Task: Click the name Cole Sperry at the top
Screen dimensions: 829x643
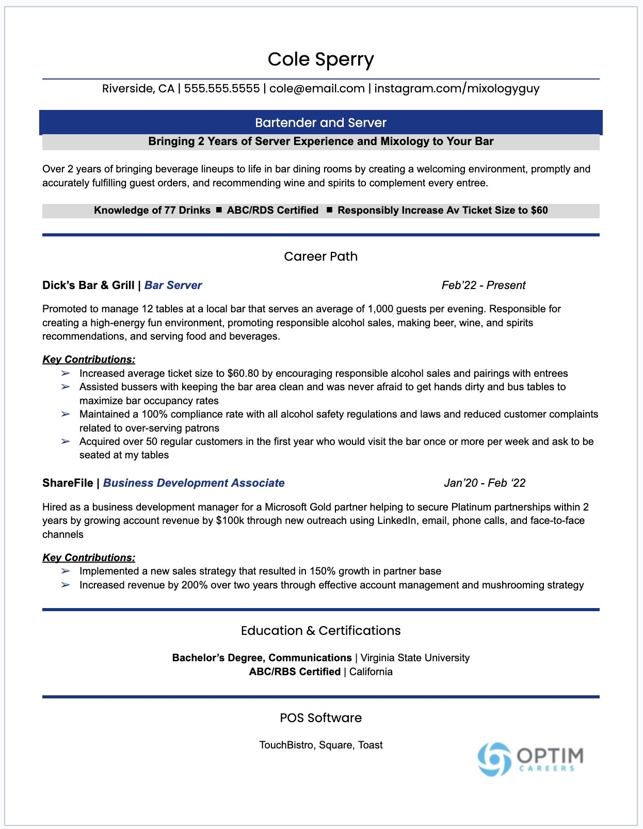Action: click(x=320, y=59)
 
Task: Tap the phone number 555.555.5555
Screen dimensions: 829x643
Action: click(x=222, y=88)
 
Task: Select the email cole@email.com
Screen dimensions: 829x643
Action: click(x=317, y=88)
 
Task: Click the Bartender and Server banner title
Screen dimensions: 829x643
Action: click(x=320, y=123)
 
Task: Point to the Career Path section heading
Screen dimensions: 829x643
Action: click(x=320, y=257)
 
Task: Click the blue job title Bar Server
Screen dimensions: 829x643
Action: click(x=173, y=285)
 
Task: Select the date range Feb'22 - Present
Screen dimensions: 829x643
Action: click(x=483, y=285)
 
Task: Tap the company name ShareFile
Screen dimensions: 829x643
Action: click(x=68, y=483)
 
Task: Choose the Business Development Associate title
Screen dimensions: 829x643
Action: click(x=194, y=483)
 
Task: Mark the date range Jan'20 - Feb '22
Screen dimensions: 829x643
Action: click(x=484, y=483)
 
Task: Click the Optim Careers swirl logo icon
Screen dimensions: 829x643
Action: click(x=494, y=759)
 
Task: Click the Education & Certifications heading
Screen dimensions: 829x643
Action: click(x=320, y=631)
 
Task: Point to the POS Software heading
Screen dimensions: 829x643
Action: click(x=320, y=718)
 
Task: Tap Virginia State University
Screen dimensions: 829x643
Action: click(x=415, y=658)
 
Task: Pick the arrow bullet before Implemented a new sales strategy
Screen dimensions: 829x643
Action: click(x=66, y=571)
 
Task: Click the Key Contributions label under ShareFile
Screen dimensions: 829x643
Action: click(x=89, y=558)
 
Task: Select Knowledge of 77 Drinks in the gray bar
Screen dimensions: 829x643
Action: click(x=152, y=211)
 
